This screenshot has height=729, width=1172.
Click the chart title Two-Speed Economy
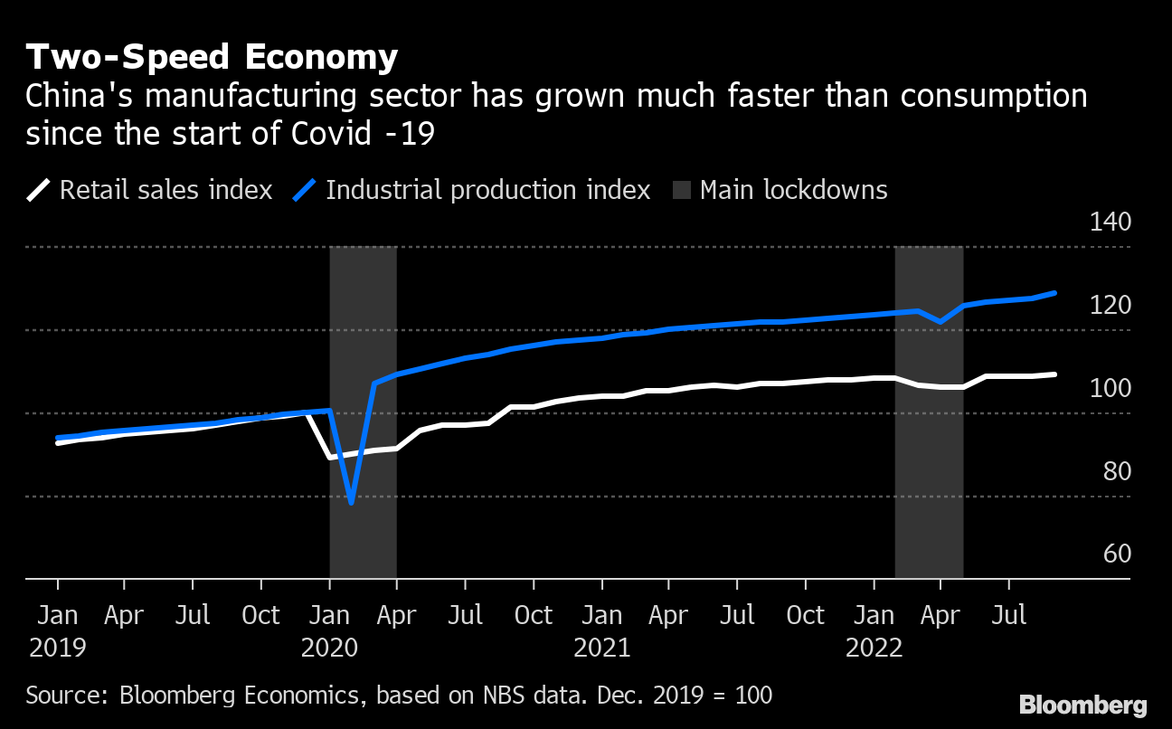[212, 58]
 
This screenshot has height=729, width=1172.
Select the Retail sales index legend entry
[149, 190]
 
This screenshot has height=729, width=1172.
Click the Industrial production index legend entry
[472, 190]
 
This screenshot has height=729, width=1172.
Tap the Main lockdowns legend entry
[780, 190]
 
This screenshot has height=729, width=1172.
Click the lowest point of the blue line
[351, 502]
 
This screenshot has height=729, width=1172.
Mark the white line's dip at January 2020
[330, 458]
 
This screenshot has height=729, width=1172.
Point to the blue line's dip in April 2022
[940, 321]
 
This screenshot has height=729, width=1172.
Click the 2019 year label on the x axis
[57, 649]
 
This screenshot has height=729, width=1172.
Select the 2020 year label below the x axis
[330, 649]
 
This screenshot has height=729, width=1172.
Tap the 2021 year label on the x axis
[601, 649]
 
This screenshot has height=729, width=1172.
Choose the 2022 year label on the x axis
[874, 649]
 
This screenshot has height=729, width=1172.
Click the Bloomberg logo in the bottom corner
[1082, 705]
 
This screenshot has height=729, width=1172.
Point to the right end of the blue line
[1055, 293]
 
